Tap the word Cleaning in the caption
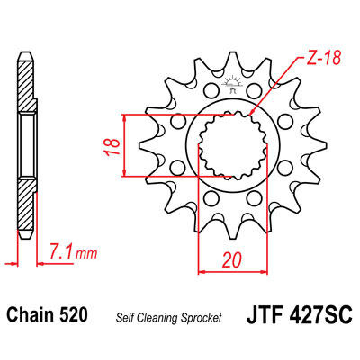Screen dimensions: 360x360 (156, 318)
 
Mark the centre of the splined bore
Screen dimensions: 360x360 (233, 145)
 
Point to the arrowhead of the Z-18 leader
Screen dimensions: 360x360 (250, 114)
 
